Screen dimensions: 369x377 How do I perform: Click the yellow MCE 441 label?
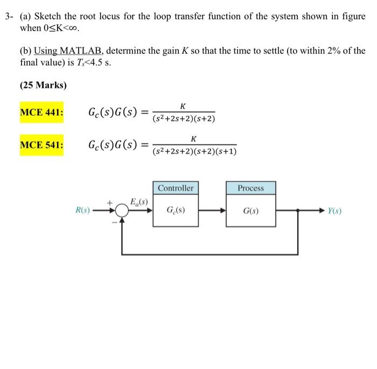(x=41, y=113)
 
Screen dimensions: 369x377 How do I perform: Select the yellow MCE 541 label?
(x=41, y=145)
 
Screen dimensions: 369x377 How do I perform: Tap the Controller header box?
(x=176, y=188)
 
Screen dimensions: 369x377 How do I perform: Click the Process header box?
(x=250, y=188)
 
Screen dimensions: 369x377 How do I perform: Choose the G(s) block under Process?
(x=250, y=210)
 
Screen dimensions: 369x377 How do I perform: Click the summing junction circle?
(x=122, y=211)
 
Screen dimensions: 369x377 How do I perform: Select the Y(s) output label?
(x=334, y=211)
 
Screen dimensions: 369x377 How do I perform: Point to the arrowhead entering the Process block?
(x=222, y=211)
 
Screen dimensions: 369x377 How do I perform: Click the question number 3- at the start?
(x=9, y=16)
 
